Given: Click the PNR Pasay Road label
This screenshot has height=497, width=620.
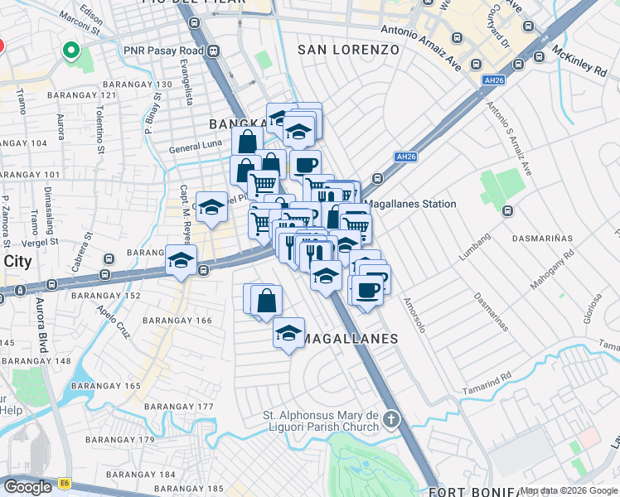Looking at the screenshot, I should [x=163, y=51].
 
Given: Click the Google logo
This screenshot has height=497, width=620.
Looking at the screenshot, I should [x=28, y=487].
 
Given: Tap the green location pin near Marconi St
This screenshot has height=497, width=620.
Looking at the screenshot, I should [x=71, y=52].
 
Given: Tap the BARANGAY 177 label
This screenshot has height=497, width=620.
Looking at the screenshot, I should [x=178, y=407].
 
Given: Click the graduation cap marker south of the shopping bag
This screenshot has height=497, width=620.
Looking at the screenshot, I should [x=288, y=334].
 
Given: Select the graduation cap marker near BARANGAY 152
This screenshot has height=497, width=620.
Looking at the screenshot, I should [x=181, y=261].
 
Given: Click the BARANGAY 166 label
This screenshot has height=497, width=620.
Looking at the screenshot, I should [x=177, y=320].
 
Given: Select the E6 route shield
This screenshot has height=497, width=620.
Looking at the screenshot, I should [x=65, y=481].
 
